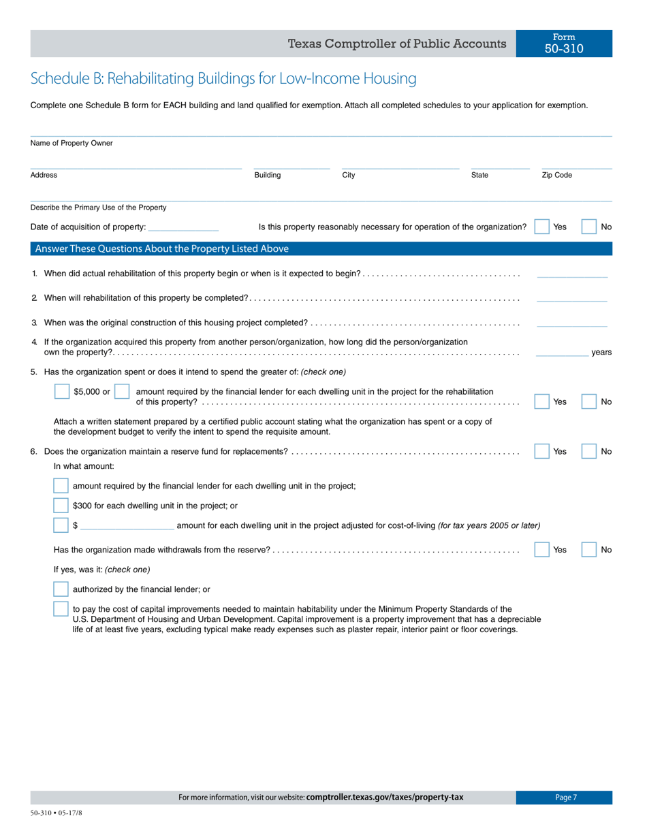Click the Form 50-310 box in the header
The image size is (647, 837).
(564, 44)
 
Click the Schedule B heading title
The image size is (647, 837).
(223, 79)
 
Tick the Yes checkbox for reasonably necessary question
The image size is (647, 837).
(541, 227)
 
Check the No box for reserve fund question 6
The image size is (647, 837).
(588, 451)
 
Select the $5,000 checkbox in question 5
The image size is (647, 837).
(62, 392)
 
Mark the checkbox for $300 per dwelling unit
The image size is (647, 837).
(61, 506)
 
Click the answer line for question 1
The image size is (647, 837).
(572, 274)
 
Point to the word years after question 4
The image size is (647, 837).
(601, 352)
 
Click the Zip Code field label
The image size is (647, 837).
(556, 176)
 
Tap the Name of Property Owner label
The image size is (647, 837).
(72, 144)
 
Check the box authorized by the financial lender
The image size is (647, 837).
(61, 589)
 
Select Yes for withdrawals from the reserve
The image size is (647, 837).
(541, 550)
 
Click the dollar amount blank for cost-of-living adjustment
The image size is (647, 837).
(127, 526)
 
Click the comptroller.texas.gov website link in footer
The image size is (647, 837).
(385, 798)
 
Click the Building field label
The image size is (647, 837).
(268, 176)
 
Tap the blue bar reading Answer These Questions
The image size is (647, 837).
(321, 249)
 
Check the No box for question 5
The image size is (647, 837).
(588, 401)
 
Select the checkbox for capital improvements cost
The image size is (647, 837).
(61, 609)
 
